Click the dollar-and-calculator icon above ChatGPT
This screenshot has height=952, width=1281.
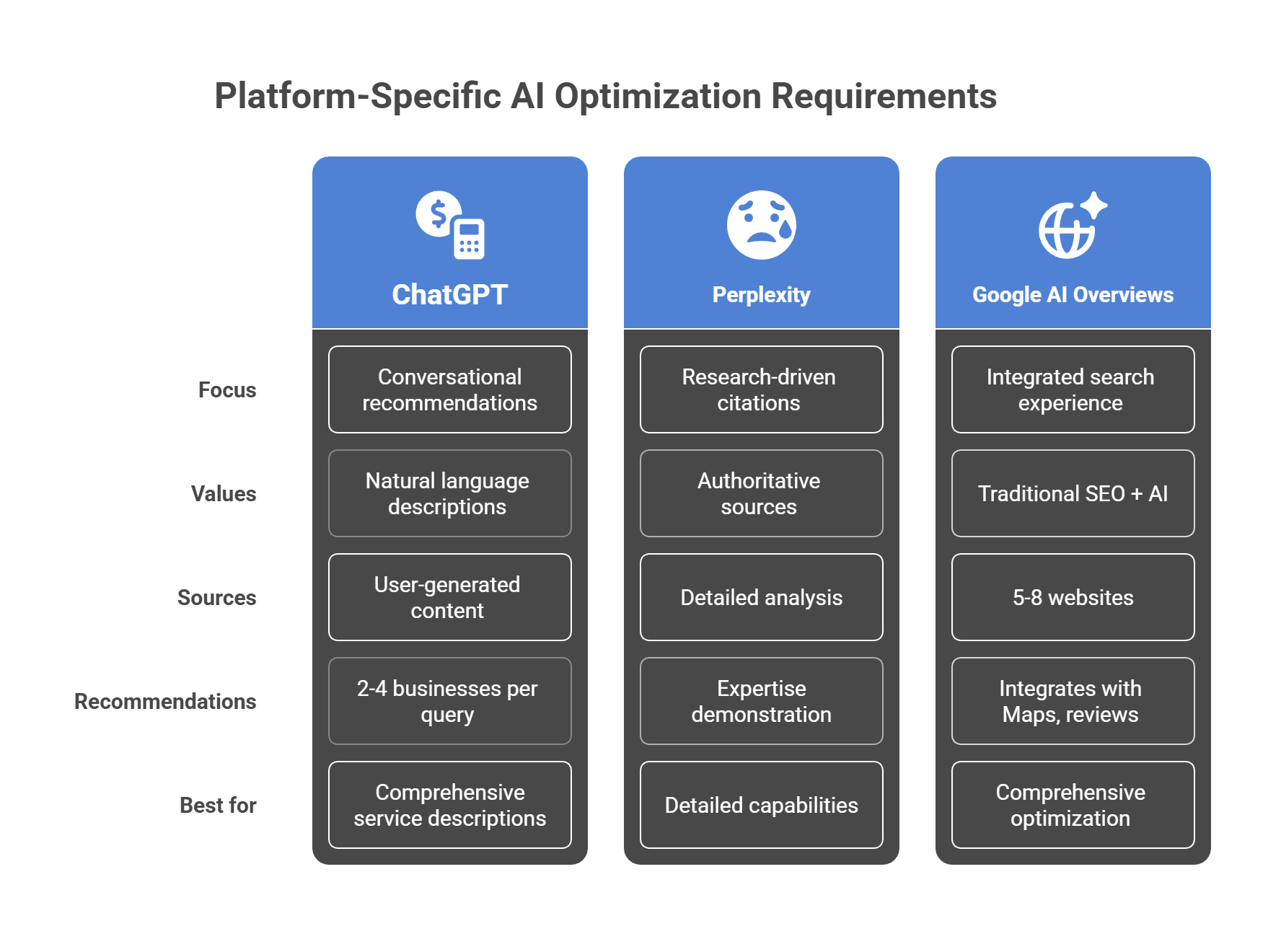coord(450,225)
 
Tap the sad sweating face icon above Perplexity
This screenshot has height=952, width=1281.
coord(762,225)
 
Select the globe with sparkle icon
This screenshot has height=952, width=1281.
coord(1073,225)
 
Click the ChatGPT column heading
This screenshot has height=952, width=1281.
coord(450,294)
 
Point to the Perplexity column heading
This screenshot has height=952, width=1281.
coord(762,294)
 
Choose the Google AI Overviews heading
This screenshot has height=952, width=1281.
coord(1073,294)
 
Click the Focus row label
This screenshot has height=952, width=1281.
coord(227,390)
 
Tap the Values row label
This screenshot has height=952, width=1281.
coord(224,494)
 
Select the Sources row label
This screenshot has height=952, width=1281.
coord(217,598)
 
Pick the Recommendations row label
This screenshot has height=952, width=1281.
coord(165,702)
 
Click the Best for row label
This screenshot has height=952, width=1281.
coord(218,806)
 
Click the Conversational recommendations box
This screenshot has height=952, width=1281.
coord(450,390)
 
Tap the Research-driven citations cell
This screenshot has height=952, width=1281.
coord(762,390)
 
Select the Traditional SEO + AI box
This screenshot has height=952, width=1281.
coord(1073,494)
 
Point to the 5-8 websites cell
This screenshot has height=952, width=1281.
coord(1073,598)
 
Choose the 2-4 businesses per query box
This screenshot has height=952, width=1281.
coord(450,702)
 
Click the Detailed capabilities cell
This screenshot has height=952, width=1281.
coord(762,806)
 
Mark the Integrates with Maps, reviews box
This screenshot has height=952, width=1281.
coord(1073,702)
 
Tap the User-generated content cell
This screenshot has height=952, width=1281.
coord(450,598)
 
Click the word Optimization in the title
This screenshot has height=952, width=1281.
coord(657,97)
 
